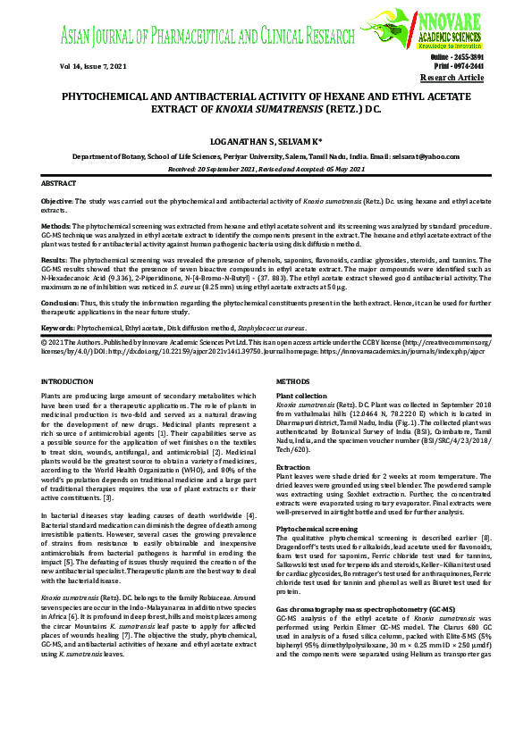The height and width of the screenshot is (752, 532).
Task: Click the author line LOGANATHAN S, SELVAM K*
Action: click(x=265, y=140)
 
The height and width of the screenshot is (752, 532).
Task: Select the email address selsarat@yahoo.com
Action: click(x=426, y=155)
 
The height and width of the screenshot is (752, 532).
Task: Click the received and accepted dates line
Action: click(x=266, y=168)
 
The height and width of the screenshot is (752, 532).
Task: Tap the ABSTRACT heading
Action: click(x=60, y=183)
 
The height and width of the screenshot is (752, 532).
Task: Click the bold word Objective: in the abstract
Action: click(x=58, y=203)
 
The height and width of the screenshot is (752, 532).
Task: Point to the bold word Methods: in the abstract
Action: click(x=56, y=227)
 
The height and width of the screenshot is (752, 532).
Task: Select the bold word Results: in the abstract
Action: click(x=55, y=259)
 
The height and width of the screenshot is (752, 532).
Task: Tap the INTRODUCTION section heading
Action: click(x=68, y=382)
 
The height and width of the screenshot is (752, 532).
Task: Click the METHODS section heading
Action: click(x=293, y=382)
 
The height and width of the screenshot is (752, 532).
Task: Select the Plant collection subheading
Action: click(x=302, y=395)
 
